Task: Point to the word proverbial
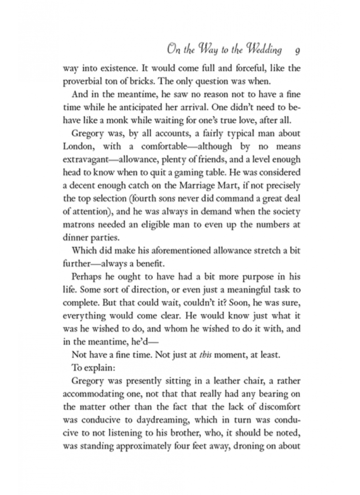(84, 81)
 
